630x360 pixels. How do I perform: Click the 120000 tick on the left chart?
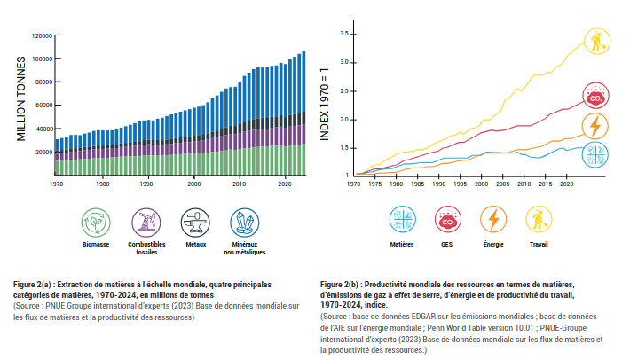click(42, 35)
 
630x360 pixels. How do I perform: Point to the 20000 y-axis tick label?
click(43, 152)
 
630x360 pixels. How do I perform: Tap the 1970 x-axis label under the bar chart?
click(56, 184)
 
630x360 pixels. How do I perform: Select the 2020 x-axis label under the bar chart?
click(285, 184)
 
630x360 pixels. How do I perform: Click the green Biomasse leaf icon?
click(95, 222)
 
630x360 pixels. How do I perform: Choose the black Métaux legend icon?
click(194, 222)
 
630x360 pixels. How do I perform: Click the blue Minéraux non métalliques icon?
click(244, 222)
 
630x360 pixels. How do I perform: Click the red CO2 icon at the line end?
click(595, 95)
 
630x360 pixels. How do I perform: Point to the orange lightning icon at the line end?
click(595, 126)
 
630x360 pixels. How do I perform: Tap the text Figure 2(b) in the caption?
click(343, 283)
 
